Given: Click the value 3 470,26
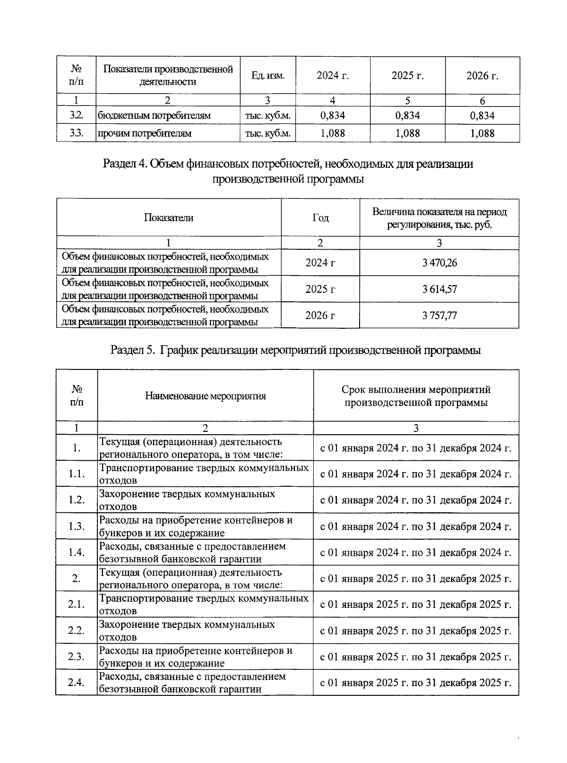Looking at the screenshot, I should (x=439, y=263).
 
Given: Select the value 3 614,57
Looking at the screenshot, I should (x=439, y=289).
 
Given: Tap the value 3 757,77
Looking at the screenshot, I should (x=439, y=316).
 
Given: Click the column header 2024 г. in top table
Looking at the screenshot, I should (x=333, y=76).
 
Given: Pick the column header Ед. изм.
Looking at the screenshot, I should (x=268, y=76).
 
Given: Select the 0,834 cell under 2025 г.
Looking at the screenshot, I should (x=407, y=115).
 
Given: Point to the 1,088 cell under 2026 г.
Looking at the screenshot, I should (x=482, y=133).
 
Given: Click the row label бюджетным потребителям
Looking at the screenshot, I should (x=154, y=115).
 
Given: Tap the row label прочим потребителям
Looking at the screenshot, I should (x=145, y=133).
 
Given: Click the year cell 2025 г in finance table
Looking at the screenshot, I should (x=320, y=289).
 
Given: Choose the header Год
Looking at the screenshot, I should (x=320, y=218).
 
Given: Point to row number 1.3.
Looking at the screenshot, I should (x=76, y=526).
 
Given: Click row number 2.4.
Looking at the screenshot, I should (x=76, y=683).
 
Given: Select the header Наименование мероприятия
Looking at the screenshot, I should (x=205, y=396).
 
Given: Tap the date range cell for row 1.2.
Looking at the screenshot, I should (x=416, y=500).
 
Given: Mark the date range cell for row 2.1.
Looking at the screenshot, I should (x=416, y=605).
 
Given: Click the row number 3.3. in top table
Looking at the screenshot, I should (x=76, y=133).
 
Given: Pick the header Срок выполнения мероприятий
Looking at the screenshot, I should (x=416, y=396).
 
